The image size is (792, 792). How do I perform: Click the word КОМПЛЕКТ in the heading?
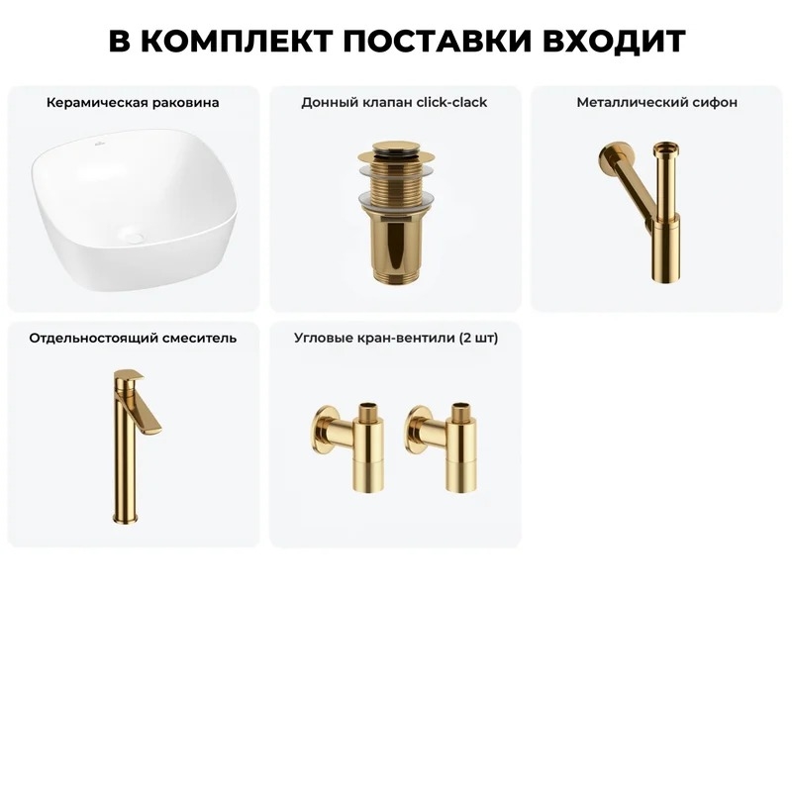(237, 41)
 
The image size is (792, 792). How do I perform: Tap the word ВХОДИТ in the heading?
(614, 41)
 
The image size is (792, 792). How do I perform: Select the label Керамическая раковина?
(133, 103)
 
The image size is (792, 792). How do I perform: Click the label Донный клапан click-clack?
(394, 103)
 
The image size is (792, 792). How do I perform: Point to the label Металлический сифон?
(656, 103)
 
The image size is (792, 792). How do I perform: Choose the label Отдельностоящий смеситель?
(133, 338)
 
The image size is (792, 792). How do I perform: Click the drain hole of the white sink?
(135, 237)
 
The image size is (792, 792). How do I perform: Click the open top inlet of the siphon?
(665, 149)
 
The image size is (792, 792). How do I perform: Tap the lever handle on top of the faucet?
(129, 375)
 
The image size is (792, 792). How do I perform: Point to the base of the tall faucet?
(126, 517)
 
